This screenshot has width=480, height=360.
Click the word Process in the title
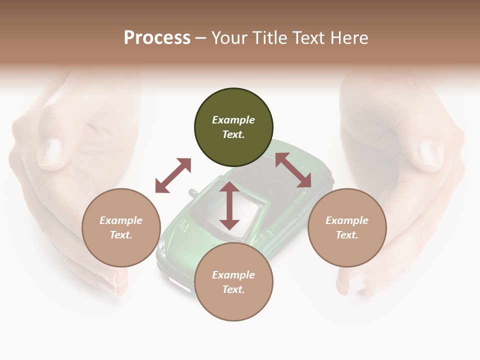tap(157, 38)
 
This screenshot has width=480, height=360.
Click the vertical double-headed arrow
tap(229, 205)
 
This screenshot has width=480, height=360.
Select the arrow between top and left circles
tap(173, 175)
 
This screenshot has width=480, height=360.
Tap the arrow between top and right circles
tap(293, 170)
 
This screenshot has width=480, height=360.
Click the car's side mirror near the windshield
tap(192, 192)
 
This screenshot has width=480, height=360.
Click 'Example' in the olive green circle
tap(233, 120)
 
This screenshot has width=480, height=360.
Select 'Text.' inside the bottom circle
tap(233, 289)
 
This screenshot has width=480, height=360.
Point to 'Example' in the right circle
tap(347, 220)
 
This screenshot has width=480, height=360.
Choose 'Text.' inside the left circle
tap(121, 235)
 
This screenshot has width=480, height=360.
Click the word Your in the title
tap(230, 38)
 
